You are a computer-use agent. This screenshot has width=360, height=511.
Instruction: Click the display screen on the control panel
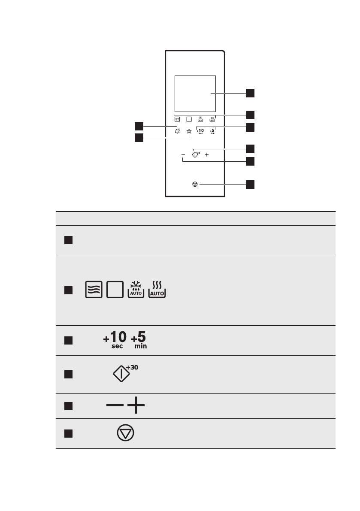[195, 93]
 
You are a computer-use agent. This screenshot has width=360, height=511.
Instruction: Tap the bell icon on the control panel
[177, 132]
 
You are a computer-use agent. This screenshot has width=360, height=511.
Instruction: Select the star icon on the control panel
[189, 132]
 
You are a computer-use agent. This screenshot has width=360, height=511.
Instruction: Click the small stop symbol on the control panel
[195, 184]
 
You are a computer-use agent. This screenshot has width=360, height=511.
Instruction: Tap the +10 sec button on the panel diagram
[200, 131]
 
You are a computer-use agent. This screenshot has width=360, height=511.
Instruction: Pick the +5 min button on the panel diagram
[212, 131]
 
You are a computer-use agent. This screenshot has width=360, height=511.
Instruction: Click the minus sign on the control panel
[183, 154]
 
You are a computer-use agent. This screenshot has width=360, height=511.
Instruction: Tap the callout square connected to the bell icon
[138, 125]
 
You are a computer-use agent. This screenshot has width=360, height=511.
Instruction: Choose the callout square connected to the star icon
[138, 138]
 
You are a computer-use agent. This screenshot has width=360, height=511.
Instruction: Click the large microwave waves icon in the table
[94, 290]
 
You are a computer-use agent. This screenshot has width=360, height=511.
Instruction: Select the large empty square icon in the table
[115, 290]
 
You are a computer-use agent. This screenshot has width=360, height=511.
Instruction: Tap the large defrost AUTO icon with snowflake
[136, 290]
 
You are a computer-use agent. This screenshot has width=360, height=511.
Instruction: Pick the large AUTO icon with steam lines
[157, 290]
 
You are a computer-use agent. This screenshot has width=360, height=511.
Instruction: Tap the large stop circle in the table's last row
[125, 433]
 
